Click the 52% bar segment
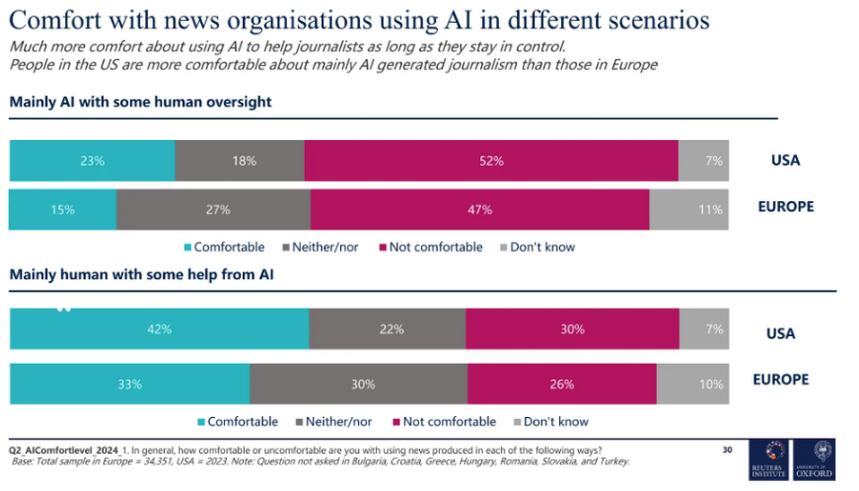(x=491, y=160)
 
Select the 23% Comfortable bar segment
(x=92, y=160)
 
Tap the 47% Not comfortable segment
(x=479, y=209)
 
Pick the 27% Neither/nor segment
(x=213, y=209)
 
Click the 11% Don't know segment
(x=688, y=209)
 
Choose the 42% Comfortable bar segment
(x=159, y=329)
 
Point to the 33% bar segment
(x=129, y=384)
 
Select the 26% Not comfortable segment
(x=562, y=384)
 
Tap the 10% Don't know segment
(x=693, y=384)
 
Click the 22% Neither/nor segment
(x=388, y=329)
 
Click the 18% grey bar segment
(x=240, y=160)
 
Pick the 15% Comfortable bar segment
(x=62, y=209)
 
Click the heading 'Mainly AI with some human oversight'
(x=140, y=102)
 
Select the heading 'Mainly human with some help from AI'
(x=141, y=275)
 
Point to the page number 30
(x=728, y=450)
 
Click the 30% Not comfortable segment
(x=572, y=329)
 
